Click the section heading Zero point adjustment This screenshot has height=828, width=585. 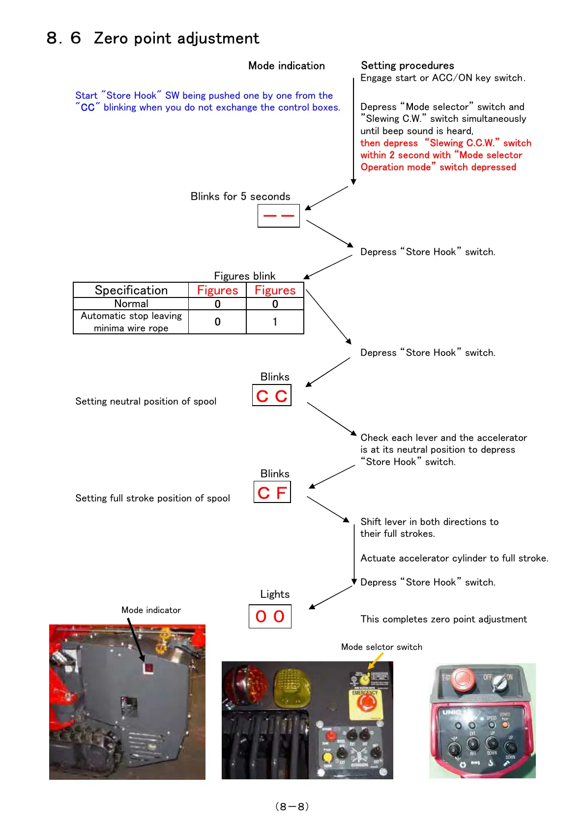click(x=153, y=38)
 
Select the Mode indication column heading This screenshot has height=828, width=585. click(x=286, y=66)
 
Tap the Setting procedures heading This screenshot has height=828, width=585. click(x=407, y=65)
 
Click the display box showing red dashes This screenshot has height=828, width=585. click(x=279, y=216)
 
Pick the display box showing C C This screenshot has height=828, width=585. click(x=272, y=396)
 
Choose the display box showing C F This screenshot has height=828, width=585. click(x=272, y=492)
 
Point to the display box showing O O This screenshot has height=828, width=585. click(x=270, y=617)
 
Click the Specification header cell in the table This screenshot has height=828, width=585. click(x=131, y=290)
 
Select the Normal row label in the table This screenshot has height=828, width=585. click(x=131, y=304)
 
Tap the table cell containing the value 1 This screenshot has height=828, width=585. click(x=275, y=322)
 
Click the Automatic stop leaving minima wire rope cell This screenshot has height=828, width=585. click(x=131, y=322)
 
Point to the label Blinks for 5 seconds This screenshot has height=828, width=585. click(x=240, y=197)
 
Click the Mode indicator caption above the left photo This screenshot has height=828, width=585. click(x=151, y=610)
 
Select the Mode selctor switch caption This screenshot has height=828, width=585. click(x=381, y=647)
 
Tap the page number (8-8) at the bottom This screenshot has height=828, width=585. click(x=292, y=806)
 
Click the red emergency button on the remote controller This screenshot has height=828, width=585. click(x=462, y=679)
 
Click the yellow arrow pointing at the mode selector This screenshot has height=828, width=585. click(x=376, y=660)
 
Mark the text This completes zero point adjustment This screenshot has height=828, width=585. click(x=443, y=620)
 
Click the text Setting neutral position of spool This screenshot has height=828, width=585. click(x=146, y=402)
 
